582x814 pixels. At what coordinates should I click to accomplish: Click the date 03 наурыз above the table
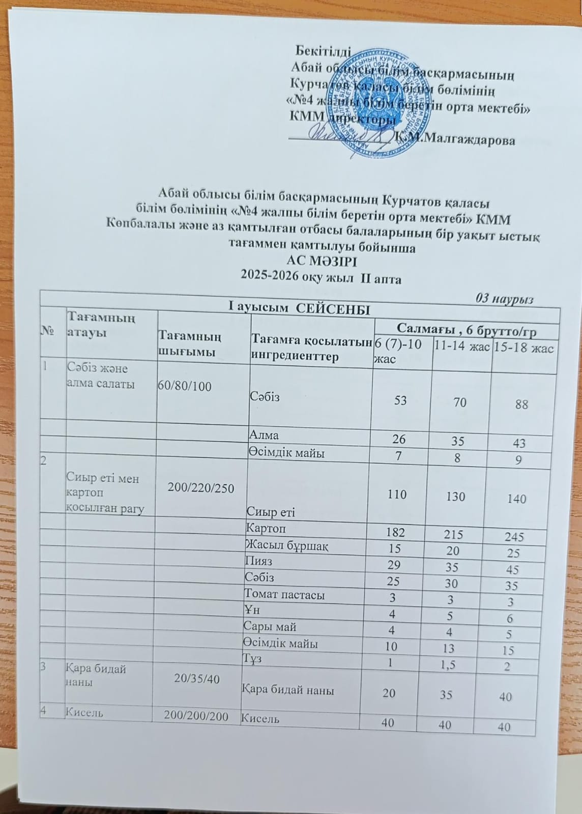[x=504, y=299]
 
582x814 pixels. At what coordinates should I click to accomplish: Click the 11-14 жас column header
[x=461, y=347]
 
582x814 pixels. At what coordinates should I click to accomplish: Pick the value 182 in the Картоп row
[x=396, y=532]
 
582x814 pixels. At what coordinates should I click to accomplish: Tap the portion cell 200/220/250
[x=201, y=488]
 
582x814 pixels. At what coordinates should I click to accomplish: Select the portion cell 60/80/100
[x=184, y=386]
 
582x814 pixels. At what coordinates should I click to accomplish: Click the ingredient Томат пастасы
[x=284, y=594]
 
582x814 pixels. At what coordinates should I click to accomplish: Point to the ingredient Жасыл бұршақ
[x=286, y=546]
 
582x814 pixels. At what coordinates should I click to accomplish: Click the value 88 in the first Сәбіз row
[x=521, y=404]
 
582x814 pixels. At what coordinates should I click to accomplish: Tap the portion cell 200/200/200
[x=196, y=715]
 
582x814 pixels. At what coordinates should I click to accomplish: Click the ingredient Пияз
[x=258, y=562]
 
